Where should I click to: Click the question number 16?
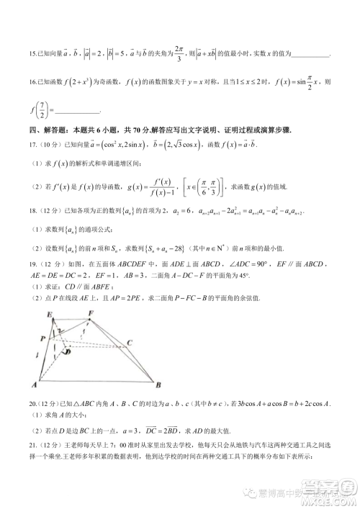(x=32, y=84)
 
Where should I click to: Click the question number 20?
(x=32, y=405)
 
